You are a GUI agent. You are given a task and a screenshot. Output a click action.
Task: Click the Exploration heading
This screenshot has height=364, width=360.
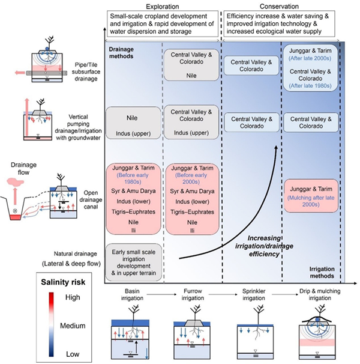click(x=162, y=6)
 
